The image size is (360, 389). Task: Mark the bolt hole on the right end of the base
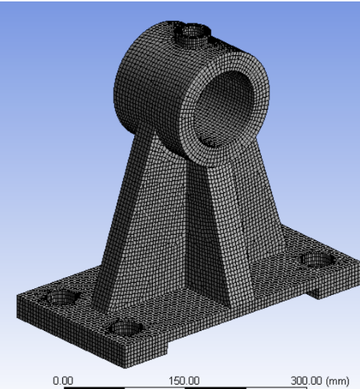point(316,259)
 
